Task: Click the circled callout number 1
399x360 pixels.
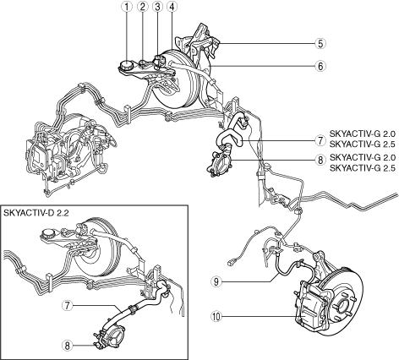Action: click(127, 7)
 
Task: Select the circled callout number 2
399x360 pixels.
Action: click(142, 7)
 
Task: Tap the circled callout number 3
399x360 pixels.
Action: click(157, 7)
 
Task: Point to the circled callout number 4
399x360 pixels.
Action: click(172, 7)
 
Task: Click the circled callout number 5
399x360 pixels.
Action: click(320, 43)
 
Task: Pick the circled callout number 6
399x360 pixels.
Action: click(320, 66)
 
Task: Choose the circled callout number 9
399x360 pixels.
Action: click(216, 281)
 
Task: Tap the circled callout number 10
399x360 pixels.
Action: click(216, 316)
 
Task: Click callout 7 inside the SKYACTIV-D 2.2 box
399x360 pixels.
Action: click(67, 305)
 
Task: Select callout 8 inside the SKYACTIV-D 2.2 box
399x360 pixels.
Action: click(67, 346)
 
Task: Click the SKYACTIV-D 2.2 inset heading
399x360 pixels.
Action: click(36, 213)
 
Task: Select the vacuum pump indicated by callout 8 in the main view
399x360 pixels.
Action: click(220, 163)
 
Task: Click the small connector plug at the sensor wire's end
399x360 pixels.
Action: click(230, 264)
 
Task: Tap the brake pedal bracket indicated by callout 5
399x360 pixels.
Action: click(200, 41)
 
